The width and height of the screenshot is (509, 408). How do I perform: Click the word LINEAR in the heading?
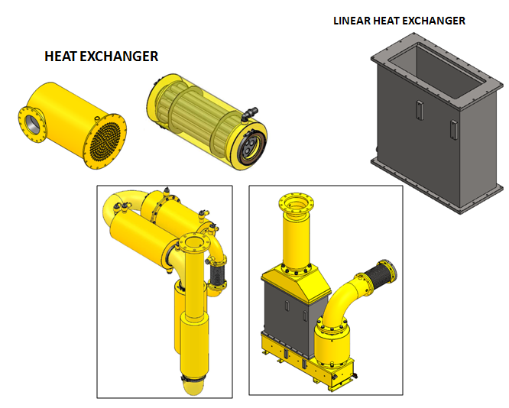pyautogui.click(x=352, y=21)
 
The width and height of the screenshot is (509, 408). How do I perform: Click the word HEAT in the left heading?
pyautogui.click(x=60, y=57)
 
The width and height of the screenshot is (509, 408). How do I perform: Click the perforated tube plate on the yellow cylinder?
pyautogui.click(x=106, y=141)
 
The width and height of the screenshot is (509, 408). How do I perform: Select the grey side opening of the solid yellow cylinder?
pyautogui.click(x=33, y=123)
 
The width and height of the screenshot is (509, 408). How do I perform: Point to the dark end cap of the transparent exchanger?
pyautogui.click(x=252, y=145)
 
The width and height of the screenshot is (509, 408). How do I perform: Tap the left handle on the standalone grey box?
pyautogui.click(x=420, y=110)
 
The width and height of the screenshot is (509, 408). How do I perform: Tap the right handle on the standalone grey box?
pyautogui.click(x=454, y=130)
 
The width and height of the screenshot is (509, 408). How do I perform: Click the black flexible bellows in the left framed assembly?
pyautogui.click(x=217, y=274)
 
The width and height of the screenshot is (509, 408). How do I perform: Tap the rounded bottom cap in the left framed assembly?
pyautogui.click(x=193, y=387)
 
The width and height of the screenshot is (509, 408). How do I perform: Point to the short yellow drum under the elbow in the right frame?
pyautogui.click(x=332, y=343)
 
